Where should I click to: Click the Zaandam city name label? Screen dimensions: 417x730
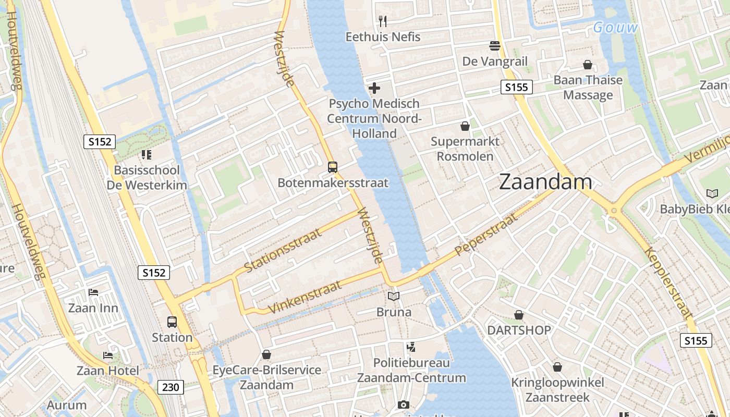tap(545, 182)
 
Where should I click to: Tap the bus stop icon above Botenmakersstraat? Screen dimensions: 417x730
tap(333, 167)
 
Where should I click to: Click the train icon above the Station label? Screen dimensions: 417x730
tap(172, 322)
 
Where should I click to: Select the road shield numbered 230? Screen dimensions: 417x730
tap(171, 387)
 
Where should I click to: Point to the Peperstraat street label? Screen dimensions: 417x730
tap(486, 235)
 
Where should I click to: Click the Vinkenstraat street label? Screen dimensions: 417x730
tap(305, 297)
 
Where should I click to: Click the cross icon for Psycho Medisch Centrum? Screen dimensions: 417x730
tap(374, 88)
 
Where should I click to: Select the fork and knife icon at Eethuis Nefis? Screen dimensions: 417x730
tap(383, 21)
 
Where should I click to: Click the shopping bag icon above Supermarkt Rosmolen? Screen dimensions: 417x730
tap(465, 126)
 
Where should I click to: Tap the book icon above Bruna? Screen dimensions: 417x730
tap(394, 297)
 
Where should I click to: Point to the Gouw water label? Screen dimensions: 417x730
tap(615, 28)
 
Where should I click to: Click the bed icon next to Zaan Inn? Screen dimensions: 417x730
tap(93, 292)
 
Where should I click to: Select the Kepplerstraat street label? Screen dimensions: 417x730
tap(669, 283)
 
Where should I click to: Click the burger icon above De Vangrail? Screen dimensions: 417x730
tap(495, 46)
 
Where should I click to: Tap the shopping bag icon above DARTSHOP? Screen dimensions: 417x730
tap(519, 315)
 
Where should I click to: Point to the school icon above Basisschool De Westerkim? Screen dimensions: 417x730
tap(147, 155)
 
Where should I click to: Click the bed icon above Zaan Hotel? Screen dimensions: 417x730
tap(108, 355)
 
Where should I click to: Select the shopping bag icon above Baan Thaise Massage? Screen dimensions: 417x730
tap(588, 65)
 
